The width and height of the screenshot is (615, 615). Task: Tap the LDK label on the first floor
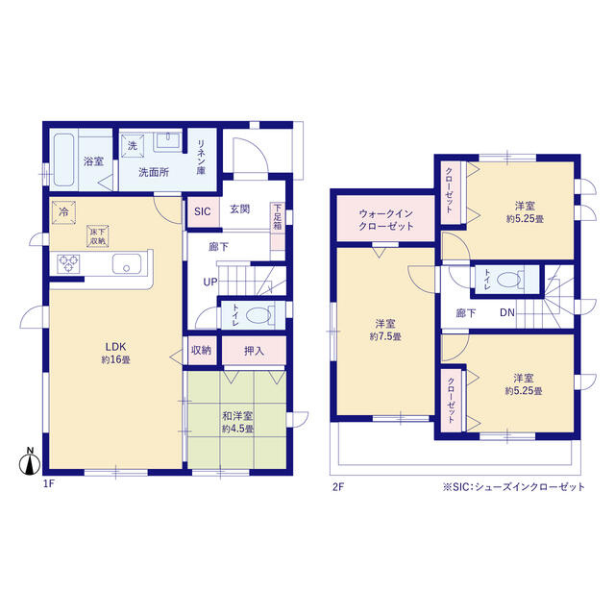click(115, 347)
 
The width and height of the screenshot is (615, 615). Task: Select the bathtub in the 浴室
click(63, 160)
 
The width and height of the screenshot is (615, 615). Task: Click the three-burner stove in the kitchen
click(68, 263)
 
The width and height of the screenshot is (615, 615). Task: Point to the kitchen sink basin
click(126, 263)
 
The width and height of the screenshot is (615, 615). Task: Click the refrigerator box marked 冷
click(63, 212)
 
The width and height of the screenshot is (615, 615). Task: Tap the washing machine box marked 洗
click(133, 145)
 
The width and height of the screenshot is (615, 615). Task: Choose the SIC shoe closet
click(203, 211)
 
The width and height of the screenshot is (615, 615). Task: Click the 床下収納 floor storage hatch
click(98, 236)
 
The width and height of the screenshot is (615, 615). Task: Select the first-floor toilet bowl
click(258, 315)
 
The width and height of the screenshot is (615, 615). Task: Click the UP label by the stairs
click(210, 282)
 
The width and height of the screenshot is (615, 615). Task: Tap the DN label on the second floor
click(507, 312)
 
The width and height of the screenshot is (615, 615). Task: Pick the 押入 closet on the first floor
click(254, 351)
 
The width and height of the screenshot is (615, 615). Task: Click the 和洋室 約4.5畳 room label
click(237, 422)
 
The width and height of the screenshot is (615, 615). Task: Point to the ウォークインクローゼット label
click(386, 220)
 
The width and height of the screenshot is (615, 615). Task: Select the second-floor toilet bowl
click(508, 280)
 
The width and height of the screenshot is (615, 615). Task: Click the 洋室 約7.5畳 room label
click(385, 330)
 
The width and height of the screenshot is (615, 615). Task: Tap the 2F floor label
click(338, 487)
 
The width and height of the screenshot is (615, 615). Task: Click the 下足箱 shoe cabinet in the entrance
click(278, 226)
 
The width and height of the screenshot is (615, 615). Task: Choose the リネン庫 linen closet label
click(201, 157)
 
